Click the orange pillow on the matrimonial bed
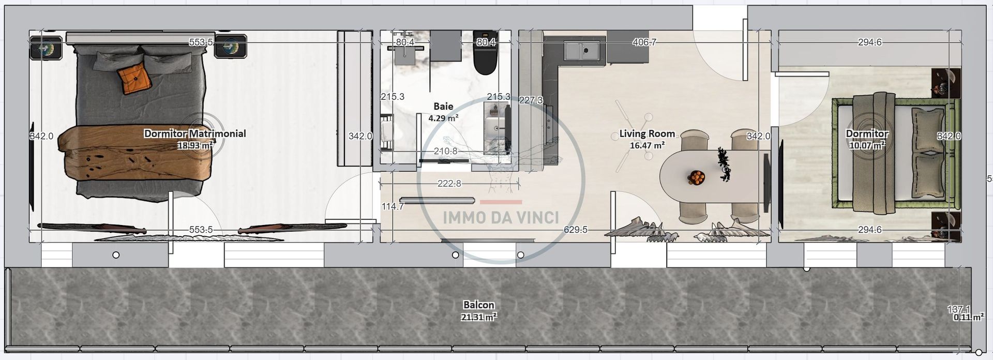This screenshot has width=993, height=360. click(x=134, y=79)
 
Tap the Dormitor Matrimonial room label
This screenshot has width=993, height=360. click(x=194, y=133)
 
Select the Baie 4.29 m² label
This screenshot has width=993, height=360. click(x=443, y=112)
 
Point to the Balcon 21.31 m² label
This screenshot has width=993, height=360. click(x=479, y=310)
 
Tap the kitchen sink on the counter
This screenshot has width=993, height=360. click(x=585, y=51)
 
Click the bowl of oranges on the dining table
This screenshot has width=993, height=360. click(x=696, y=177)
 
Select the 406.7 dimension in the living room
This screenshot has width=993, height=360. click(x=644, y=42)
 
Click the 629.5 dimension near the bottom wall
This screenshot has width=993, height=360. click(x=575, y=230)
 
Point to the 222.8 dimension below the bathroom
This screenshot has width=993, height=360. click(x=449, y=183)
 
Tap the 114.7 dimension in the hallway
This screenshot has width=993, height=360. click(x=393, y=206)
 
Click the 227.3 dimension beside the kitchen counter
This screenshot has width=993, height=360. click(x=531, y=100)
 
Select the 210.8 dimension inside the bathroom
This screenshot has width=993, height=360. click(x=445, y=151)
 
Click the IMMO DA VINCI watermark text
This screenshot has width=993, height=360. click(x=501, y=217)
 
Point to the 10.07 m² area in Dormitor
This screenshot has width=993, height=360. click(x=867, y=145)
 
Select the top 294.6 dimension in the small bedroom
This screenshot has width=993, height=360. click(x=869, y=42)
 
